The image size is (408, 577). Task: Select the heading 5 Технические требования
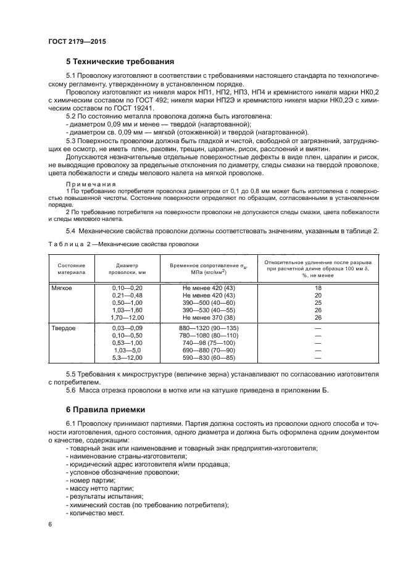coord(120,62)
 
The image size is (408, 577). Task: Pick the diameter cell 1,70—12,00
coord(127,317)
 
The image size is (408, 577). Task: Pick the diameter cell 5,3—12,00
coord(127,357)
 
